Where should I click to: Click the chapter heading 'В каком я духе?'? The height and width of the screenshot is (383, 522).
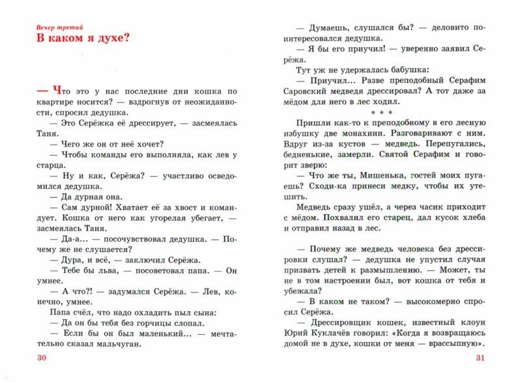(x=83, y=38)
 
